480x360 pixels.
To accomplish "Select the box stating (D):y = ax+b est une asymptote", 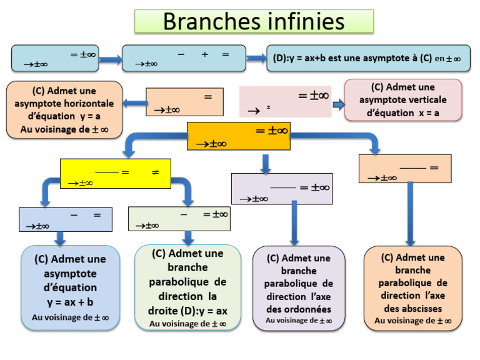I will click(367, 58).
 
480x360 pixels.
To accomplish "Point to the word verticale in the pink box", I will click(425, 100).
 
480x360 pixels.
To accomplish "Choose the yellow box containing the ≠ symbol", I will click(115, 173).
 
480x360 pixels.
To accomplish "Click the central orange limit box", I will click(238, 136).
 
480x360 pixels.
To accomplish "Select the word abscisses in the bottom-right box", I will click(412, 309).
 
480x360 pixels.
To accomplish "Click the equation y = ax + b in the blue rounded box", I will click(70, 302).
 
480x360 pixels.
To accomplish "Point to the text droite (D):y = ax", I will click(187, 310).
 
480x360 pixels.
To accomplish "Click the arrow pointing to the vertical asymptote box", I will click(338, 104).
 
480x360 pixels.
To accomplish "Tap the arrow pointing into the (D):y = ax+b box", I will click(256, 58).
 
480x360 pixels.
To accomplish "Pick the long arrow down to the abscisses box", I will click(411, 212).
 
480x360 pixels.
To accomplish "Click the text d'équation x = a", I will click(403, 113).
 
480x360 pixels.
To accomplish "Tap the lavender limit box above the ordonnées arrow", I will click(281, 189).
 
